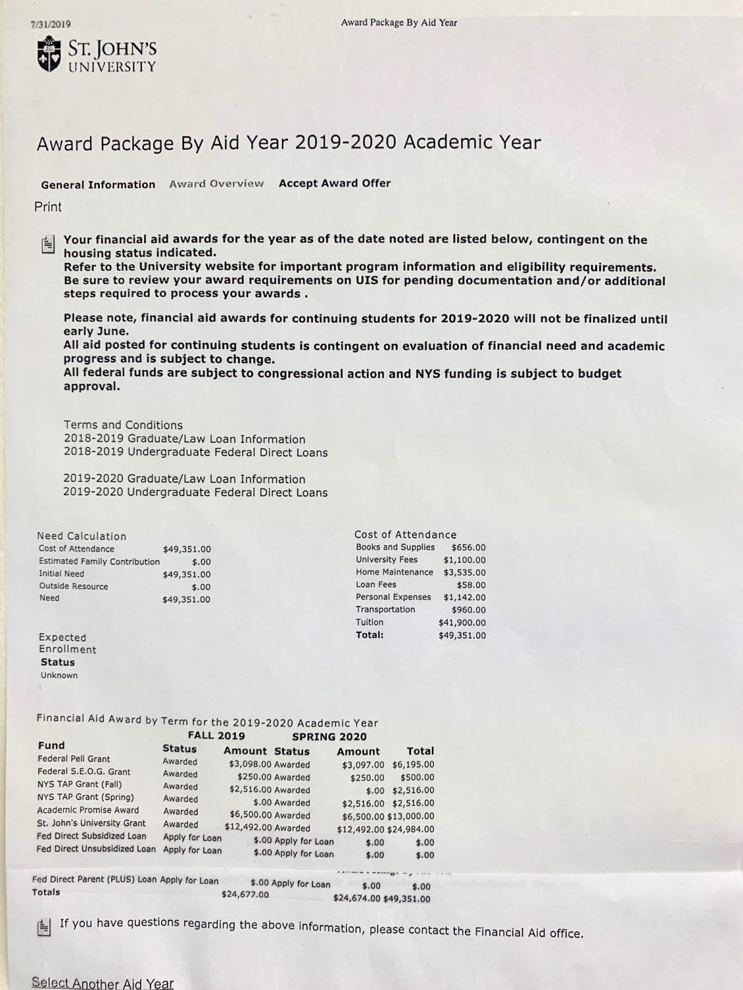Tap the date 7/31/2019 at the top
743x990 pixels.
pos(51,24)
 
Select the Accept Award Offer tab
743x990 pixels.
pos(334,183)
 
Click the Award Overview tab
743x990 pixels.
pos(216,184)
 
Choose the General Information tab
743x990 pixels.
pos(98,185)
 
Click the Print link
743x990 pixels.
pos(48,207)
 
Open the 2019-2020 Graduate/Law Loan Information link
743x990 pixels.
pos(184,479)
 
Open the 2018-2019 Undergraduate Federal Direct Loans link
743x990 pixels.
pos(195,453)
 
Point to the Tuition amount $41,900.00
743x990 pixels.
pos(462,622)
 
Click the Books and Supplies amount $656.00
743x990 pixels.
pos(468,547)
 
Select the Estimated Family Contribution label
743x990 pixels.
pos(99,562)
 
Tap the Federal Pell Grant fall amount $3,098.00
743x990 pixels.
pos(250,764)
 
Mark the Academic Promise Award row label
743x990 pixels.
pos(88,810)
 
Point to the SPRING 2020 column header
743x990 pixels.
pos(329,737)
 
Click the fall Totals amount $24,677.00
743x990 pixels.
pos(245,895)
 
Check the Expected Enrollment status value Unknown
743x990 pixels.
pos(59,675)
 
